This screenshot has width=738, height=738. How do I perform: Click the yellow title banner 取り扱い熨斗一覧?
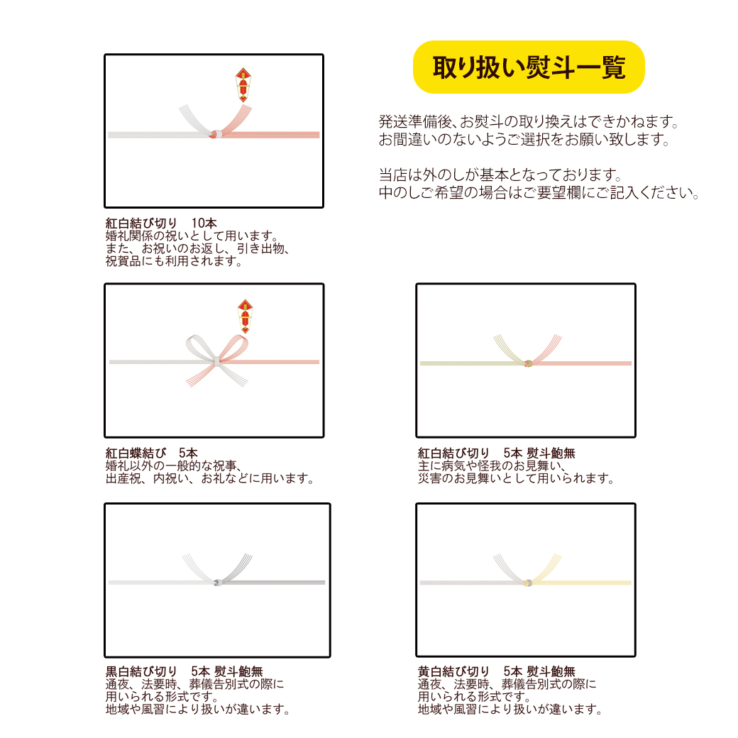529,67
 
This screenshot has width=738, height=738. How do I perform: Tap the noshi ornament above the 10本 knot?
244,86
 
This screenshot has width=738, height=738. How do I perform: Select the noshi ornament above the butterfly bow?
245,315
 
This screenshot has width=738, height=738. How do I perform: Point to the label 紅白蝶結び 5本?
152,453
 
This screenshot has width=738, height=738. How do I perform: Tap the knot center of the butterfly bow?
214,363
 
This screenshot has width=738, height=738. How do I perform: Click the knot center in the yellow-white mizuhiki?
527,583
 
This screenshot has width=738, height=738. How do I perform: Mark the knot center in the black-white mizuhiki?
216,583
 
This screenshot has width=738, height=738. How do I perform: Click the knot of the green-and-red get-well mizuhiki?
527,363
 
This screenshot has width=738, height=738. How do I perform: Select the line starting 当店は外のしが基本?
500,174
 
